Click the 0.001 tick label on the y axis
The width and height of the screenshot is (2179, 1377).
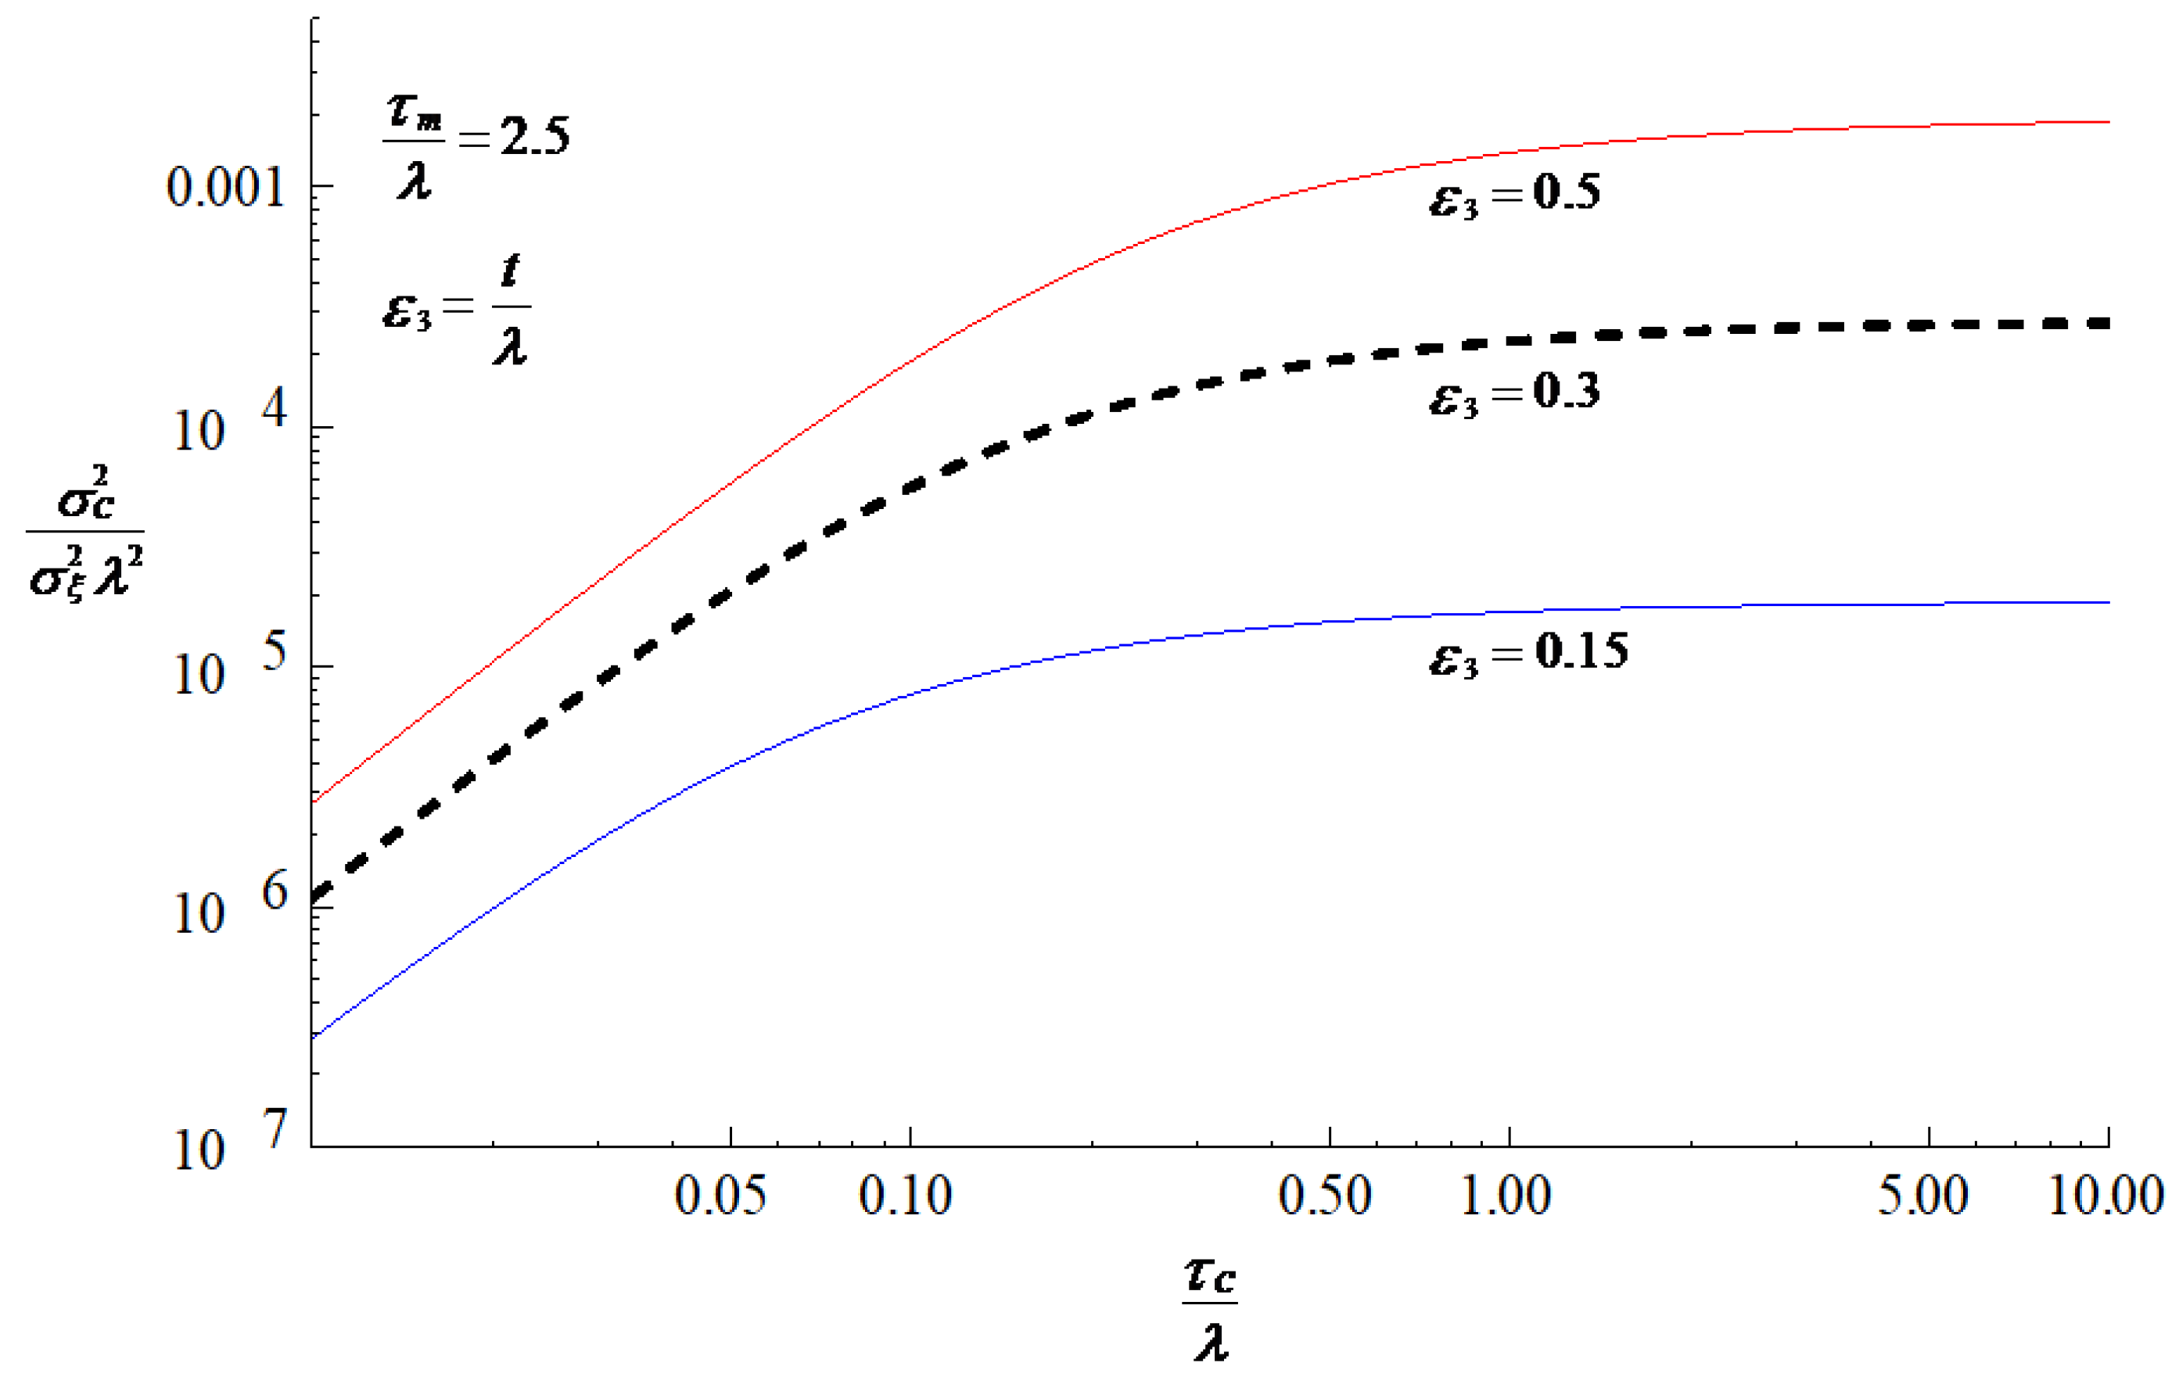pos(225,188)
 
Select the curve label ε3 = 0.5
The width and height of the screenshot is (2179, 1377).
pos(1514,195)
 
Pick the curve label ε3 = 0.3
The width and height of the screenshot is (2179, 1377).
pos(1514,394)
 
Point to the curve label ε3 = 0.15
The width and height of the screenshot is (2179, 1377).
pos(1527,654)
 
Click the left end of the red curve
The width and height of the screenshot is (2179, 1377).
pos(312,801)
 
